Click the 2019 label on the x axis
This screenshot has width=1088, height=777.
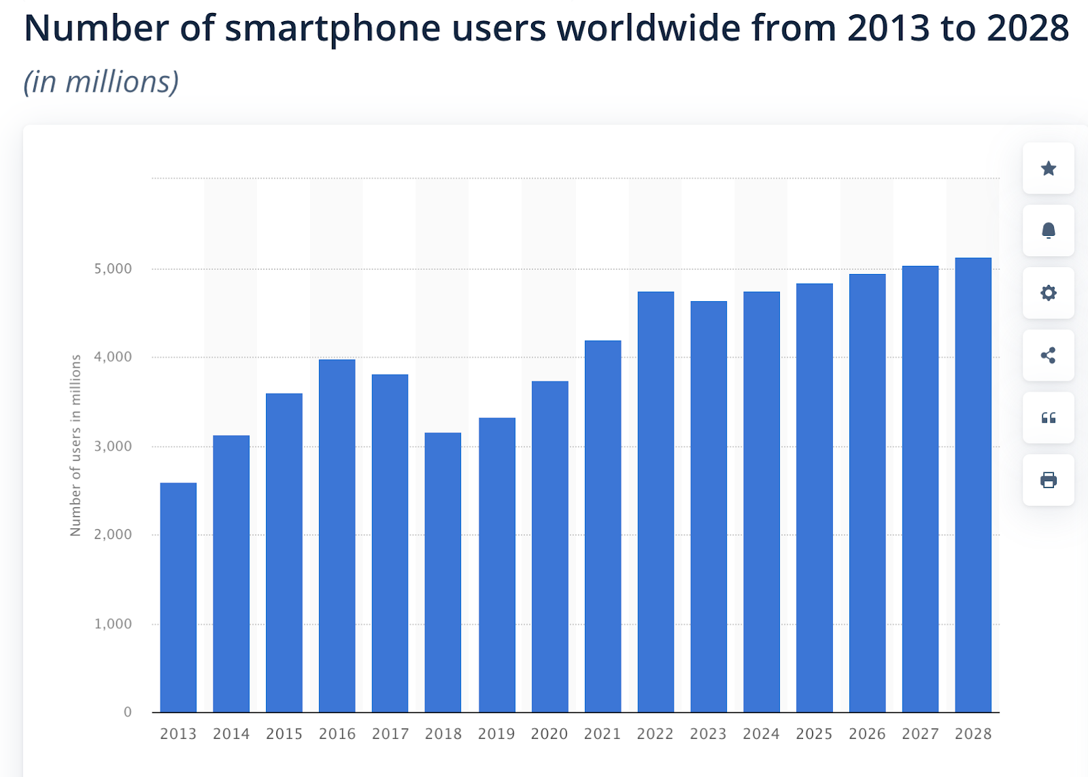point(496,734)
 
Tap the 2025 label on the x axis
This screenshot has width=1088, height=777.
point(814,734)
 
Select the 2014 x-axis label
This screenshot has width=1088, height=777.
point(231,734)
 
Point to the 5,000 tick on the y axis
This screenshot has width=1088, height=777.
point(113,269)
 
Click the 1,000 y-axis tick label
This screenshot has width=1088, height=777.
point(113,624)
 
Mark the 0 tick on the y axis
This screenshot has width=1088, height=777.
point(128,712)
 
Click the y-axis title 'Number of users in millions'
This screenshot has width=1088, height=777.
point(75,445)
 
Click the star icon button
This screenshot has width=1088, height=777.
point(1049,169)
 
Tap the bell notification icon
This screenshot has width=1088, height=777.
point(1049,231)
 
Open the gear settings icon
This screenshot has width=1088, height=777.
point(1049,293)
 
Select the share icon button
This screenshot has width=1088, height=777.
point(1049,356)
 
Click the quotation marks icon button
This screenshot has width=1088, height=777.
point(1049,418)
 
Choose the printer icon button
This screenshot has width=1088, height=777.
point(1049,481)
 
